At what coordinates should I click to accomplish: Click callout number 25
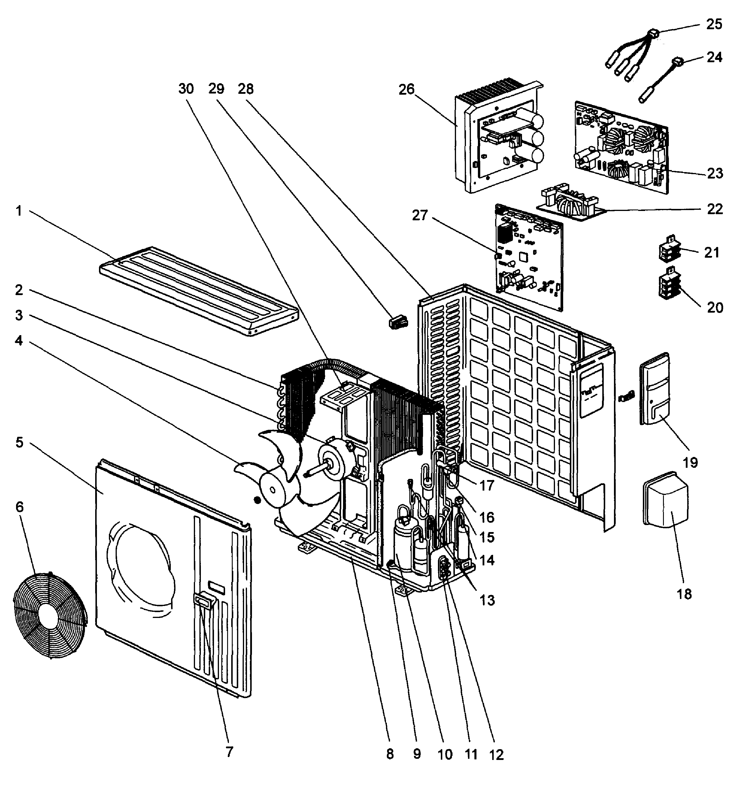(x=714, y=25)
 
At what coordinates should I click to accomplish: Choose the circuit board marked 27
(x=529, y=257)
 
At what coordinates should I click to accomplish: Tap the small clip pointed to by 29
(x=398, y=322)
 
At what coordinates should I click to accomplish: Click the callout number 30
(x=186, y=89)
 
